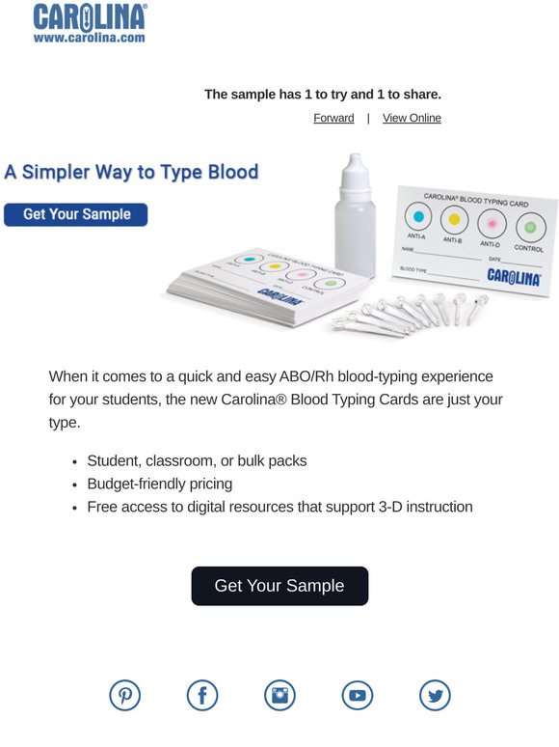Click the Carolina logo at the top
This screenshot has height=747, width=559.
pyautogui.click(x=89, y=16)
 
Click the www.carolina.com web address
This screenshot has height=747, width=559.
pyautogui.click(x=89, y=38)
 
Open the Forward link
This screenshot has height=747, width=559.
pyautogui.click(x=333, y=118)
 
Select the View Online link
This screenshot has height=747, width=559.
pyautogui.click(x=412, y=118)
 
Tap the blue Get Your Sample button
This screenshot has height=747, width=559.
pyautogui.click(x=75, y=214)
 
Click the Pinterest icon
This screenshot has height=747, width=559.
pyautogui.click(x=124, y=695)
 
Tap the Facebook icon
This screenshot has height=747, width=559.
pyautogui.click(x=202, y=695)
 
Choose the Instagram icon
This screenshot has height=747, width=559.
pyautogui.click(x=279, y=695)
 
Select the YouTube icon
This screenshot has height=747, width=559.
pyautogui.click(x=358, y=695)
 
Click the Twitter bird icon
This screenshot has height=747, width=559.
pyautogui.click(x=435, y=695)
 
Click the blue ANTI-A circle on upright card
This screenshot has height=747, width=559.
pyautogui.click(x=416, y=215)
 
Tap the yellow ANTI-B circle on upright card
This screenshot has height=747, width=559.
pyautogui.click(x=454, y=219)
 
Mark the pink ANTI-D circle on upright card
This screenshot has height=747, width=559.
pyautogui.click(x=492, y=223)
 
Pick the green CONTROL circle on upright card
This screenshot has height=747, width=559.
pyautogui.click(x=528, y=228)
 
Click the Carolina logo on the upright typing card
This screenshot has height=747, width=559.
pyautogui.click(x=513, y=276)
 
